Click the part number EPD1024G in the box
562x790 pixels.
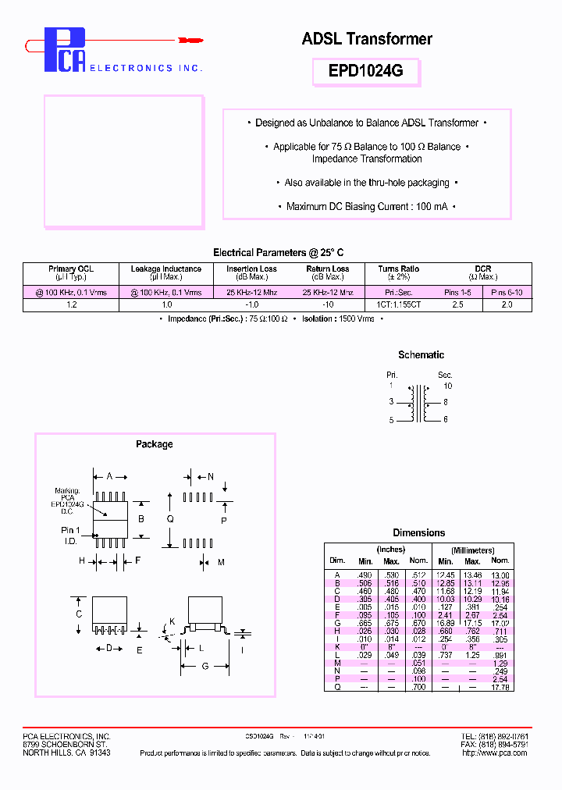366,71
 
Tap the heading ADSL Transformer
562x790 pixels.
367,38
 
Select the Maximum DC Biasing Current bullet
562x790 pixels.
366,206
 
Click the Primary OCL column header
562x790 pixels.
71,269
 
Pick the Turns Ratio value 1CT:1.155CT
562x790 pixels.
398,304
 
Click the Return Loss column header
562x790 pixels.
328,269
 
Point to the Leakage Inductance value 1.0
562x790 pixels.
166,304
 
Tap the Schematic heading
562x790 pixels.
421,354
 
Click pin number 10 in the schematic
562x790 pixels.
447,386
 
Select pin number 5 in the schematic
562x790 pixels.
392,420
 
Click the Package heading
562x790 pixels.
155,444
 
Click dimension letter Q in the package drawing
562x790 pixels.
169,518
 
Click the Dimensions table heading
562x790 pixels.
419,532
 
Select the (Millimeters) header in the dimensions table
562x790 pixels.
472,550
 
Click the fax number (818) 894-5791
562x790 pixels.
506,745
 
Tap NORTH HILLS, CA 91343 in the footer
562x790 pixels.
66,753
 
